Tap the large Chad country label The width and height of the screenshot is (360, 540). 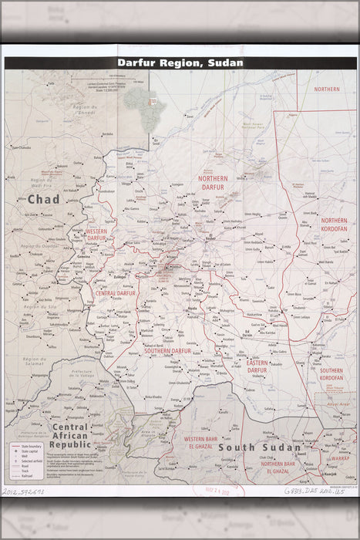click(43, 199)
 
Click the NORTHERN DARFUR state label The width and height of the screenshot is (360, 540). click(214, 182)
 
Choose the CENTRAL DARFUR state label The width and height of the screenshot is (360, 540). click(116, 294)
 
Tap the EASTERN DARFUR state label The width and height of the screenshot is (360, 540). click(257, 366)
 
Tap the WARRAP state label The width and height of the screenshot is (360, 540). click(341, 457)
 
